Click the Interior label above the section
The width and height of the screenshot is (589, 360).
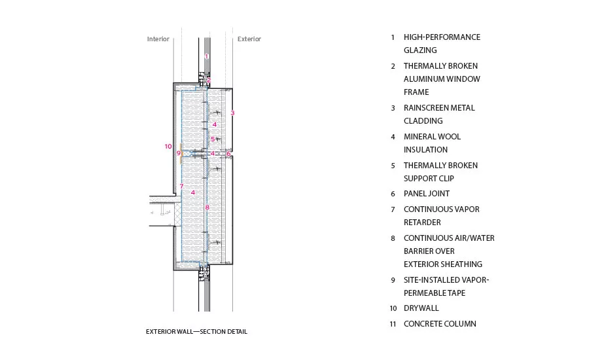pos(158,39)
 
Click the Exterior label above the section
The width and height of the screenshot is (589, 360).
pos(249,39)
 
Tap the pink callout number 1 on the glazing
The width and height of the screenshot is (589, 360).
pos(206,56)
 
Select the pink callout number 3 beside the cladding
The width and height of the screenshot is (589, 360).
pos(232,113)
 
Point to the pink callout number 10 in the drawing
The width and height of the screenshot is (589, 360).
pos(168,146)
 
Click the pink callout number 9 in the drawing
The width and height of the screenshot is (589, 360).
pos(179,153)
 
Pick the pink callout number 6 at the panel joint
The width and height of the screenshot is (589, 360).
pos(228,154)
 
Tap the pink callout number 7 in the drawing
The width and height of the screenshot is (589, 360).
pos(181,186)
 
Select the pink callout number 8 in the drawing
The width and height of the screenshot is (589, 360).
pos(207,207)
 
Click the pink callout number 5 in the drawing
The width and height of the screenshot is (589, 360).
pos(213,139)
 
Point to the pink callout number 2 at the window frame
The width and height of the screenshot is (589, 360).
pos(209,80)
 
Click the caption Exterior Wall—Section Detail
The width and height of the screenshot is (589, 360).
pos(196,331)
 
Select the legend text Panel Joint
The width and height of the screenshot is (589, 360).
pos(427,194)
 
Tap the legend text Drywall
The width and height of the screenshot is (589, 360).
pos(421,308)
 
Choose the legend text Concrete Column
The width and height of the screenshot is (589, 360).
pos(440,323)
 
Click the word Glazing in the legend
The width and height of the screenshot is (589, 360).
pos(420,50)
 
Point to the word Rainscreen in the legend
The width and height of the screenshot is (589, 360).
pos(426,108)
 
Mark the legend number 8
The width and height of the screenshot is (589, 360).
pos(393,238)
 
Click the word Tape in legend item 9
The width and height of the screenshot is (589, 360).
pos(456,293)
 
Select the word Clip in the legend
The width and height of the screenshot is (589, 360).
pos(446,179)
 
